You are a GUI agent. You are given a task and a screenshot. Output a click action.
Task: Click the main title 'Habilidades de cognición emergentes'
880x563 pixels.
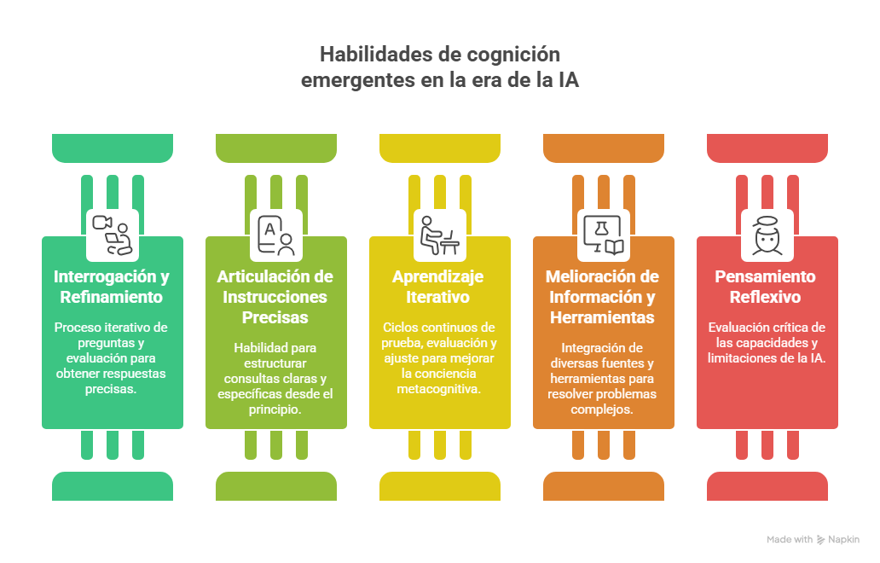click(440, 67)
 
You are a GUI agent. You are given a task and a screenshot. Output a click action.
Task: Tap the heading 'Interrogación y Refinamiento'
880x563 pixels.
click(112, 287)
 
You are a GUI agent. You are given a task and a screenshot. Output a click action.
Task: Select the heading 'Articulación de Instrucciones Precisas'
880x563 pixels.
click(275, 297)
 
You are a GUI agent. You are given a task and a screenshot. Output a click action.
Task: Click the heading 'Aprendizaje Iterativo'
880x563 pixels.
click(440, 287)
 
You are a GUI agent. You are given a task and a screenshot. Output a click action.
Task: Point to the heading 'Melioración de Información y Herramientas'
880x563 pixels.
click(604, 297)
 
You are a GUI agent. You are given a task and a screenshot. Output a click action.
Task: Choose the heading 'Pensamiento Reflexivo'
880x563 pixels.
click(766, 287)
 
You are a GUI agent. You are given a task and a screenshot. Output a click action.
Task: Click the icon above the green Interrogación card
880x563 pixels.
click(112, 235)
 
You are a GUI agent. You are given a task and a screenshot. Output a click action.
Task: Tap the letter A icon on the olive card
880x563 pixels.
click(275, 235)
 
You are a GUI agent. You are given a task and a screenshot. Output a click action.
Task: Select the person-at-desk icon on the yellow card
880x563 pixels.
click(440, 235)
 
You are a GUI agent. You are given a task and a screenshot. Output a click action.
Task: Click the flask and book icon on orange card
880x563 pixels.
click(604, 235)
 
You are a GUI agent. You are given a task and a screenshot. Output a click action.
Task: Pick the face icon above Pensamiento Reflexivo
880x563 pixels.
click(767, 235)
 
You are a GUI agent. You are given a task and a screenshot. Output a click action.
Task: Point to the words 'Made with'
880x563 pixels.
click(789, 539)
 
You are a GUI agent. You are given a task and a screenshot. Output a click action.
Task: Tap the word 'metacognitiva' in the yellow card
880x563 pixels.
click(439, 388)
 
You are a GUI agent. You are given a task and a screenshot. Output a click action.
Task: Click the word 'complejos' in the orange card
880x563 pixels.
click(604, 409)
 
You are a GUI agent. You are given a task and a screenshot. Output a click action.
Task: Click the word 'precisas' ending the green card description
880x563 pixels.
click(112, 388)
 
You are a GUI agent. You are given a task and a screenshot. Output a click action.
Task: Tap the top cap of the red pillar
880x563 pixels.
click(767, 147)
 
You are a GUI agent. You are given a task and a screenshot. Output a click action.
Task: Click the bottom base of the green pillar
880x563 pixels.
click(112, 486)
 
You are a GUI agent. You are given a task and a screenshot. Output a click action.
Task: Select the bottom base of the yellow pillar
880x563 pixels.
click(440, 486)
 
